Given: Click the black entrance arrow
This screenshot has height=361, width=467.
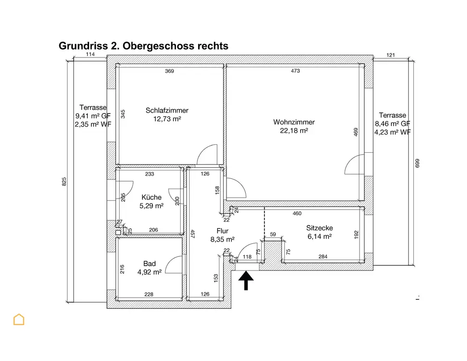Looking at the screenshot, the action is [x=246, y=281].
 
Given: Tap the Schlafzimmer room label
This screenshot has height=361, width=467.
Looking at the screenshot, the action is [x=167, y=111].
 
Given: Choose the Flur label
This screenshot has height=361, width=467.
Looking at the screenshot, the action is [x=222, y=231].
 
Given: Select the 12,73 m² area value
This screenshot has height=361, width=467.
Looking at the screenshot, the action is [x=167, y=119].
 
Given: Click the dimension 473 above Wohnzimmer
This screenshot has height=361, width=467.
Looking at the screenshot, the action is [x=295, y=71].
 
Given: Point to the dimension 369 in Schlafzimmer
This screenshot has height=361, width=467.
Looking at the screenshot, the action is [x=169, y=71].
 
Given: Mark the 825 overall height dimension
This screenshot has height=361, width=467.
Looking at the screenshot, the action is [x=64, y=182].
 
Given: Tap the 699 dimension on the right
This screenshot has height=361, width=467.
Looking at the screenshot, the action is [x=417, y=163].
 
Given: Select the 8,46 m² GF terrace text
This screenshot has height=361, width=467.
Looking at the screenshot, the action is [x=392, y=123].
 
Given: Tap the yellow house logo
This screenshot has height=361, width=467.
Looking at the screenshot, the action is [x=19, y=320].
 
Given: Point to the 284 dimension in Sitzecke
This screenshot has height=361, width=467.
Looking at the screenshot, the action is [x=323, y=256].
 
